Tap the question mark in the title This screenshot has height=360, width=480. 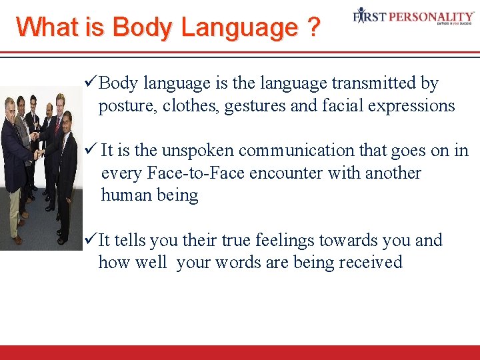tap(313, 27)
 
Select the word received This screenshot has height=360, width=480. tap(370, 262)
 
